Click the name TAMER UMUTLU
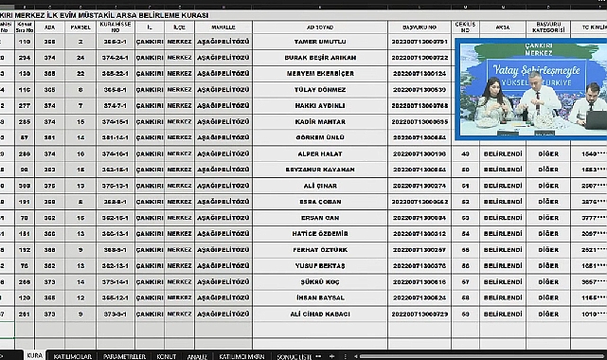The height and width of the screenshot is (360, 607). coord(319,43)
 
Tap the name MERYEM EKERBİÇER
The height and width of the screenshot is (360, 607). coord(319,74)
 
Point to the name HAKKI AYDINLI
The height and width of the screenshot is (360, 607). coord(319,105)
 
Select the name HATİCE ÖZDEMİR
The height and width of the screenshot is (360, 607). coord(319,233)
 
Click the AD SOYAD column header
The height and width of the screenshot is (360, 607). coord(319,28)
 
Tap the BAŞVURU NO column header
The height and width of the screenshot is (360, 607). coord(419,28)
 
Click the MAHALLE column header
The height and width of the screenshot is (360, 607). coord(223,28)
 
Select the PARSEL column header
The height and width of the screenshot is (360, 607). coord(80,28)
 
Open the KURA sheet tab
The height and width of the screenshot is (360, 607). coord(34,354)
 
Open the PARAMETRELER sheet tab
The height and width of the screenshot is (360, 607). coord(123,354)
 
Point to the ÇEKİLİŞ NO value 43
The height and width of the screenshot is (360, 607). coord(466,153)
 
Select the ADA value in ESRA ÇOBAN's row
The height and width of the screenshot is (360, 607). coord(50,201)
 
